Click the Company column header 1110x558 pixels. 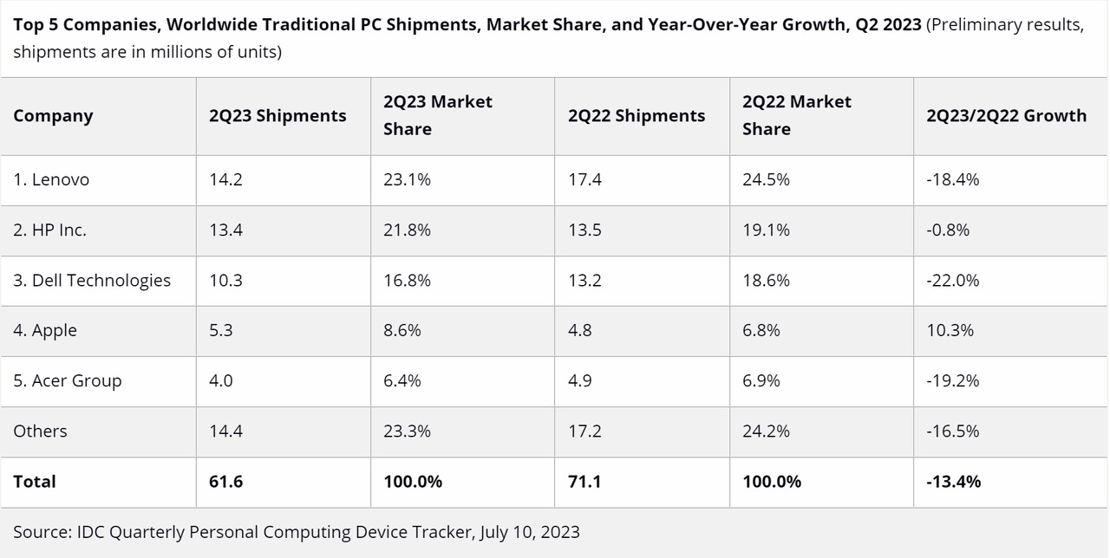tap(53, 116)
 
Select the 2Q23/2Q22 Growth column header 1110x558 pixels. tap(1006, 116)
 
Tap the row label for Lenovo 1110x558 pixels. tap(51, 179)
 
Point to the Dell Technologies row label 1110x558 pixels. tap(92, 280)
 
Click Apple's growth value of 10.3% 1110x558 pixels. tap(950, 330)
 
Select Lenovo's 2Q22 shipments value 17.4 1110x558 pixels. tap(584, 179)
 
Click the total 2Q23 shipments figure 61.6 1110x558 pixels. tap(225, 481)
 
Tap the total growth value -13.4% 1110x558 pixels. tap(953, 481)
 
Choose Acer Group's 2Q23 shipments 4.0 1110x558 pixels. tap(220, 380)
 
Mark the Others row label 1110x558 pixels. tap(40, 431)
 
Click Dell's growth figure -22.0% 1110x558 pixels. tap(952, 280)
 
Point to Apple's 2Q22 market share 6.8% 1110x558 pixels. tap(761, 330)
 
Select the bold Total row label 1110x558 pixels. tap(35, 481)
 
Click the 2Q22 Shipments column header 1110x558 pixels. tap(637, 116)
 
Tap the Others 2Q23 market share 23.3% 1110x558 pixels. tap(407, 431)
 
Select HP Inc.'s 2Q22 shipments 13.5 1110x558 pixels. tap(584, 230)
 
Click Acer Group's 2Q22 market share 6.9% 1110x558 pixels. tap(761, 380)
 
